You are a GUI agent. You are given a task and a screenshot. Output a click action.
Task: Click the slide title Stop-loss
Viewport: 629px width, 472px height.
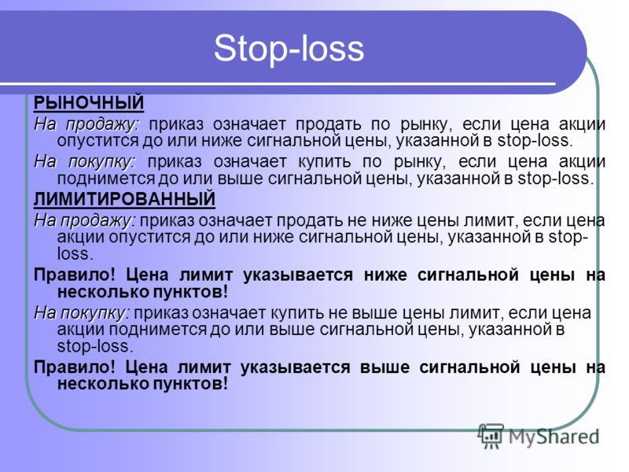pos(289,49)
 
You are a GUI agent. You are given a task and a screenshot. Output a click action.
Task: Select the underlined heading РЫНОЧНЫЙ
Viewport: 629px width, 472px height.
pos(89,103)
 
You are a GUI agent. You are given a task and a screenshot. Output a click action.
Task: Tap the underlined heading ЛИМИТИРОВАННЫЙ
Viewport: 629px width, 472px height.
pos(124,200)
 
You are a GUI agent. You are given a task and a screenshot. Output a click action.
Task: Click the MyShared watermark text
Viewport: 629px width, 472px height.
pos(554,437)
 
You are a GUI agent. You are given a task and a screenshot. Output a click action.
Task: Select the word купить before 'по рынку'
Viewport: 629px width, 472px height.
pos(325,162)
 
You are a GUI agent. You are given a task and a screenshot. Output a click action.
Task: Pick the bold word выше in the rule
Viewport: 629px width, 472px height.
pos(384,367)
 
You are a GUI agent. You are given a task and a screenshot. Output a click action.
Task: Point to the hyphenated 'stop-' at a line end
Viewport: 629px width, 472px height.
pos(568,237)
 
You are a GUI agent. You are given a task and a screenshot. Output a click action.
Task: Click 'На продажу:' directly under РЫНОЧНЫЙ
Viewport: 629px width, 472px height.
pos(86,125)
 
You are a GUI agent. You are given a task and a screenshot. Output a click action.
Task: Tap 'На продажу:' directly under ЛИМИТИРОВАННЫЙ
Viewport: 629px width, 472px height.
pos(85,221)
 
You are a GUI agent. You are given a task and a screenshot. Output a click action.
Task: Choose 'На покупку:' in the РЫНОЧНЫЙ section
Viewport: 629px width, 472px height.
pos(86,162)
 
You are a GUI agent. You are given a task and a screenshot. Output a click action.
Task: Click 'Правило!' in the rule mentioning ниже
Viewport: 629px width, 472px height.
pos(75,275)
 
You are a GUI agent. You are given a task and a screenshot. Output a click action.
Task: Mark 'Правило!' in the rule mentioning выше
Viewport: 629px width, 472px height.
pos(75,367)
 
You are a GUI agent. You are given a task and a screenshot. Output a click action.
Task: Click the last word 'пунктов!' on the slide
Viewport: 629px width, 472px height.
pos(190,384)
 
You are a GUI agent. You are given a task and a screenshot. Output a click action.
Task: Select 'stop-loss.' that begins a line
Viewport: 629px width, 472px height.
pos(95,346)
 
